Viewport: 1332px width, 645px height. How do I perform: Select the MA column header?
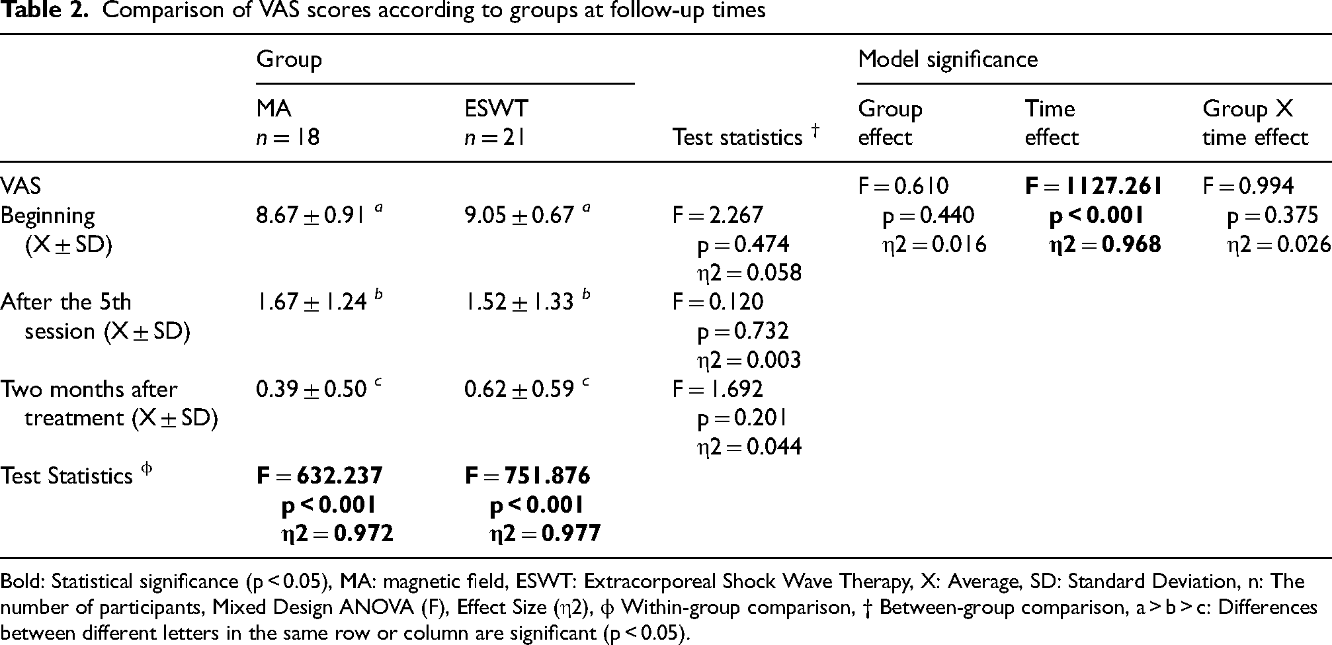pyautogui.click(x=274, y=108)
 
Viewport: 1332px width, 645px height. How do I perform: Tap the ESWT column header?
pyautogui.click(x=497, y=108)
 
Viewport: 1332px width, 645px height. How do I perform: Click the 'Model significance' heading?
pyautogui.click(x=948, y=60)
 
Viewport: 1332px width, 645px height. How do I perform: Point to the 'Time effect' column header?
pyautogui.click(x=1052, y=123)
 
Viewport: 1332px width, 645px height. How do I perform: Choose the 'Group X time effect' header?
pyautogui.click(x=1255, y=123)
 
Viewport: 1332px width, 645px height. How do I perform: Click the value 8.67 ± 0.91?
pyautogui.click(x=311, y=216)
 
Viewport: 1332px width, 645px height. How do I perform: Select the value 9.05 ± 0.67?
pyautogui.click(x=519, y=216)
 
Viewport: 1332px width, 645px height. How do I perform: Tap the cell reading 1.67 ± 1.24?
pyautogui.click(x=311, y=302)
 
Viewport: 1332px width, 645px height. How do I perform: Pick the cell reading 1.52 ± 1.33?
pyautogui.click(x=519, y=302)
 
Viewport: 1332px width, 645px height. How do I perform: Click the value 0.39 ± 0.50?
pyautogui.click(x=311, y=390)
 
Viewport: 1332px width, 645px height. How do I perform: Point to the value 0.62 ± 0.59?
pyautogui.click(x=519, y=390)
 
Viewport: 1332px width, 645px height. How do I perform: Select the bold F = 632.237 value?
pyautogui.click(x=319, y=476)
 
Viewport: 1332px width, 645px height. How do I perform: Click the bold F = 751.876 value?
pyautogui.click(x=528, y=476)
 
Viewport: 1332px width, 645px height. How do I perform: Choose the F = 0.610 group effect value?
pyautogui.click(x=903, y=187)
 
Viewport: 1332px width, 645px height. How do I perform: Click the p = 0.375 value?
pyautogui.click(x=1272, y=216)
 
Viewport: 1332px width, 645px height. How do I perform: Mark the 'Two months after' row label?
pyautogui.click(x=89, y=389)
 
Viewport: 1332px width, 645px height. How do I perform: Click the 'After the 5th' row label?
pyautogui.click(x=65, y=302)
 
